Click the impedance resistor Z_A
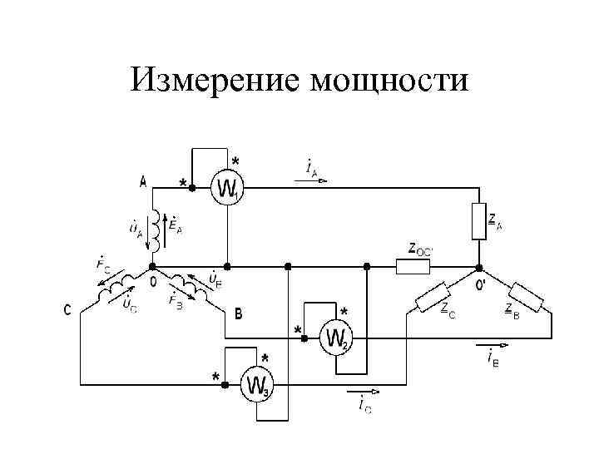tap(478, 220)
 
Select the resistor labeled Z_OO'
tap(412, 267)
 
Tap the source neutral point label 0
tap(152, 282)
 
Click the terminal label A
tap(143, 182)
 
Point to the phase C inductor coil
tap(115, 288)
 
